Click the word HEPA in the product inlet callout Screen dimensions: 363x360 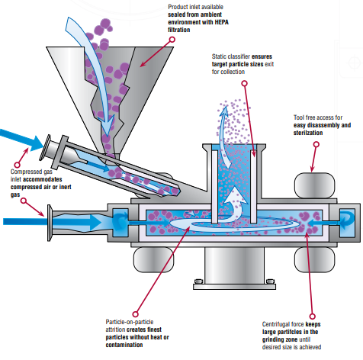(x=222, y=22)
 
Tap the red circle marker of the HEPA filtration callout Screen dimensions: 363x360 (x=172, y=40)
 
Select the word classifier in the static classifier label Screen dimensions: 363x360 (x=239, y=56)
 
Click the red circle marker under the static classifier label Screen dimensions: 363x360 (x=245, y=83)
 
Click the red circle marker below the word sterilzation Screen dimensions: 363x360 (x=316, y=144)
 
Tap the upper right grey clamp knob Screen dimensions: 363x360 (x=314, y=186)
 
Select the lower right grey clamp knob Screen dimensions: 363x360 (x=314, y=259)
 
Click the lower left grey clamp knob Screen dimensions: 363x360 (x=153, y=259)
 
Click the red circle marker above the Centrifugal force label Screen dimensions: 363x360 (x=313, y=317)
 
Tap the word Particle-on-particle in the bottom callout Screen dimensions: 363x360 (x=130, y=322)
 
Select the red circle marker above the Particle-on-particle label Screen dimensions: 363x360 (x=136, y=314)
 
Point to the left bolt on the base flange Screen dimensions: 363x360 (x=198, y=281)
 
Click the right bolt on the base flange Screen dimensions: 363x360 (x=270, y=281)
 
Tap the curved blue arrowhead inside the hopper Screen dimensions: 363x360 (x=108, y=125)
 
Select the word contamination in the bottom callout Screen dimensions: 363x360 (x=124, y=345)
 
